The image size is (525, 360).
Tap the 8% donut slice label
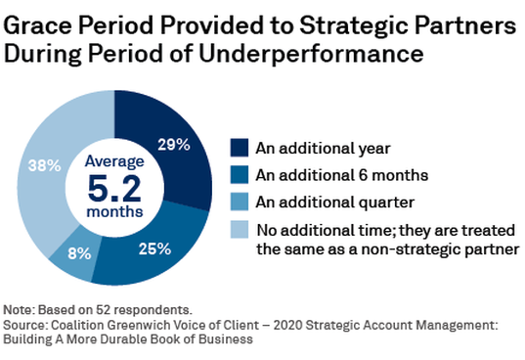[78, 251]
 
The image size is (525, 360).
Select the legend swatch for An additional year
[239, 148]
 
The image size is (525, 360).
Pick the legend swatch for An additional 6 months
[239, 175]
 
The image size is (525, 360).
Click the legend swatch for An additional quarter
[239, 202]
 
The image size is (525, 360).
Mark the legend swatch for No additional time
[239, 230]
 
